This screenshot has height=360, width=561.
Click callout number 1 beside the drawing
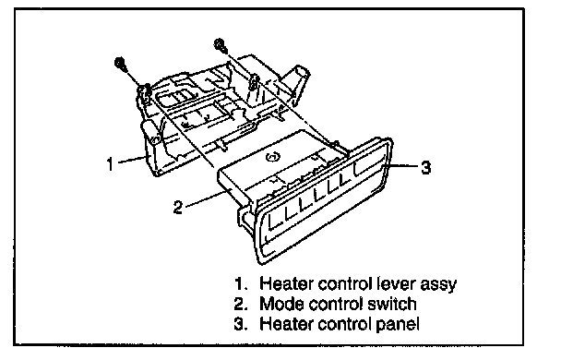tap(110, 164)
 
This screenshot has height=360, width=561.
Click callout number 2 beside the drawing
tap(178, 207)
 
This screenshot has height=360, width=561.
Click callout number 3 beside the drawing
tap(425, 167)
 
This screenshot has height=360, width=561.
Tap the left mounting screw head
tap(120, 63)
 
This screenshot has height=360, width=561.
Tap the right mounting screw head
tap(218, 44)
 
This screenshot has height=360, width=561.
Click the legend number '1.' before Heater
tap(241, 283)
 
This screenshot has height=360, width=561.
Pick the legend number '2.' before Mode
tap(241, 304)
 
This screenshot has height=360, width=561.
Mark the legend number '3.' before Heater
tap(241, 324)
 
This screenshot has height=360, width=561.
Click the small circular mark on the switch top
tap(272, 156)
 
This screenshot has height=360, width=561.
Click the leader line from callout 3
tap(400, 165)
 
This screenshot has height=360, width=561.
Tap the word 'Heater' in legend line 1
tap(286, 283)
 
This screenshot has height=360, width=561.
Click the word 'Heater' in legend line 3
tap(286, 324)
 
